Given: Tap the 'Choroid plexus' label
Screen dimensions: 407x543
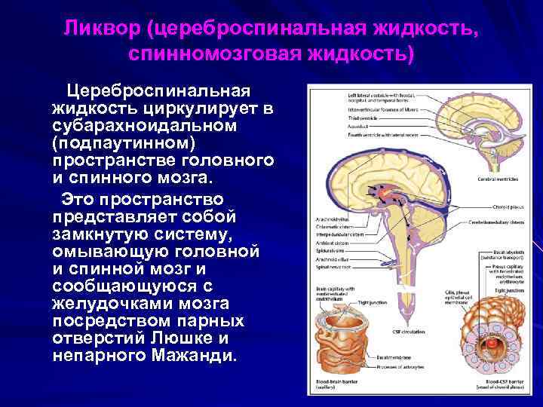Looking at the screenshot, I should [497, 203].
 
